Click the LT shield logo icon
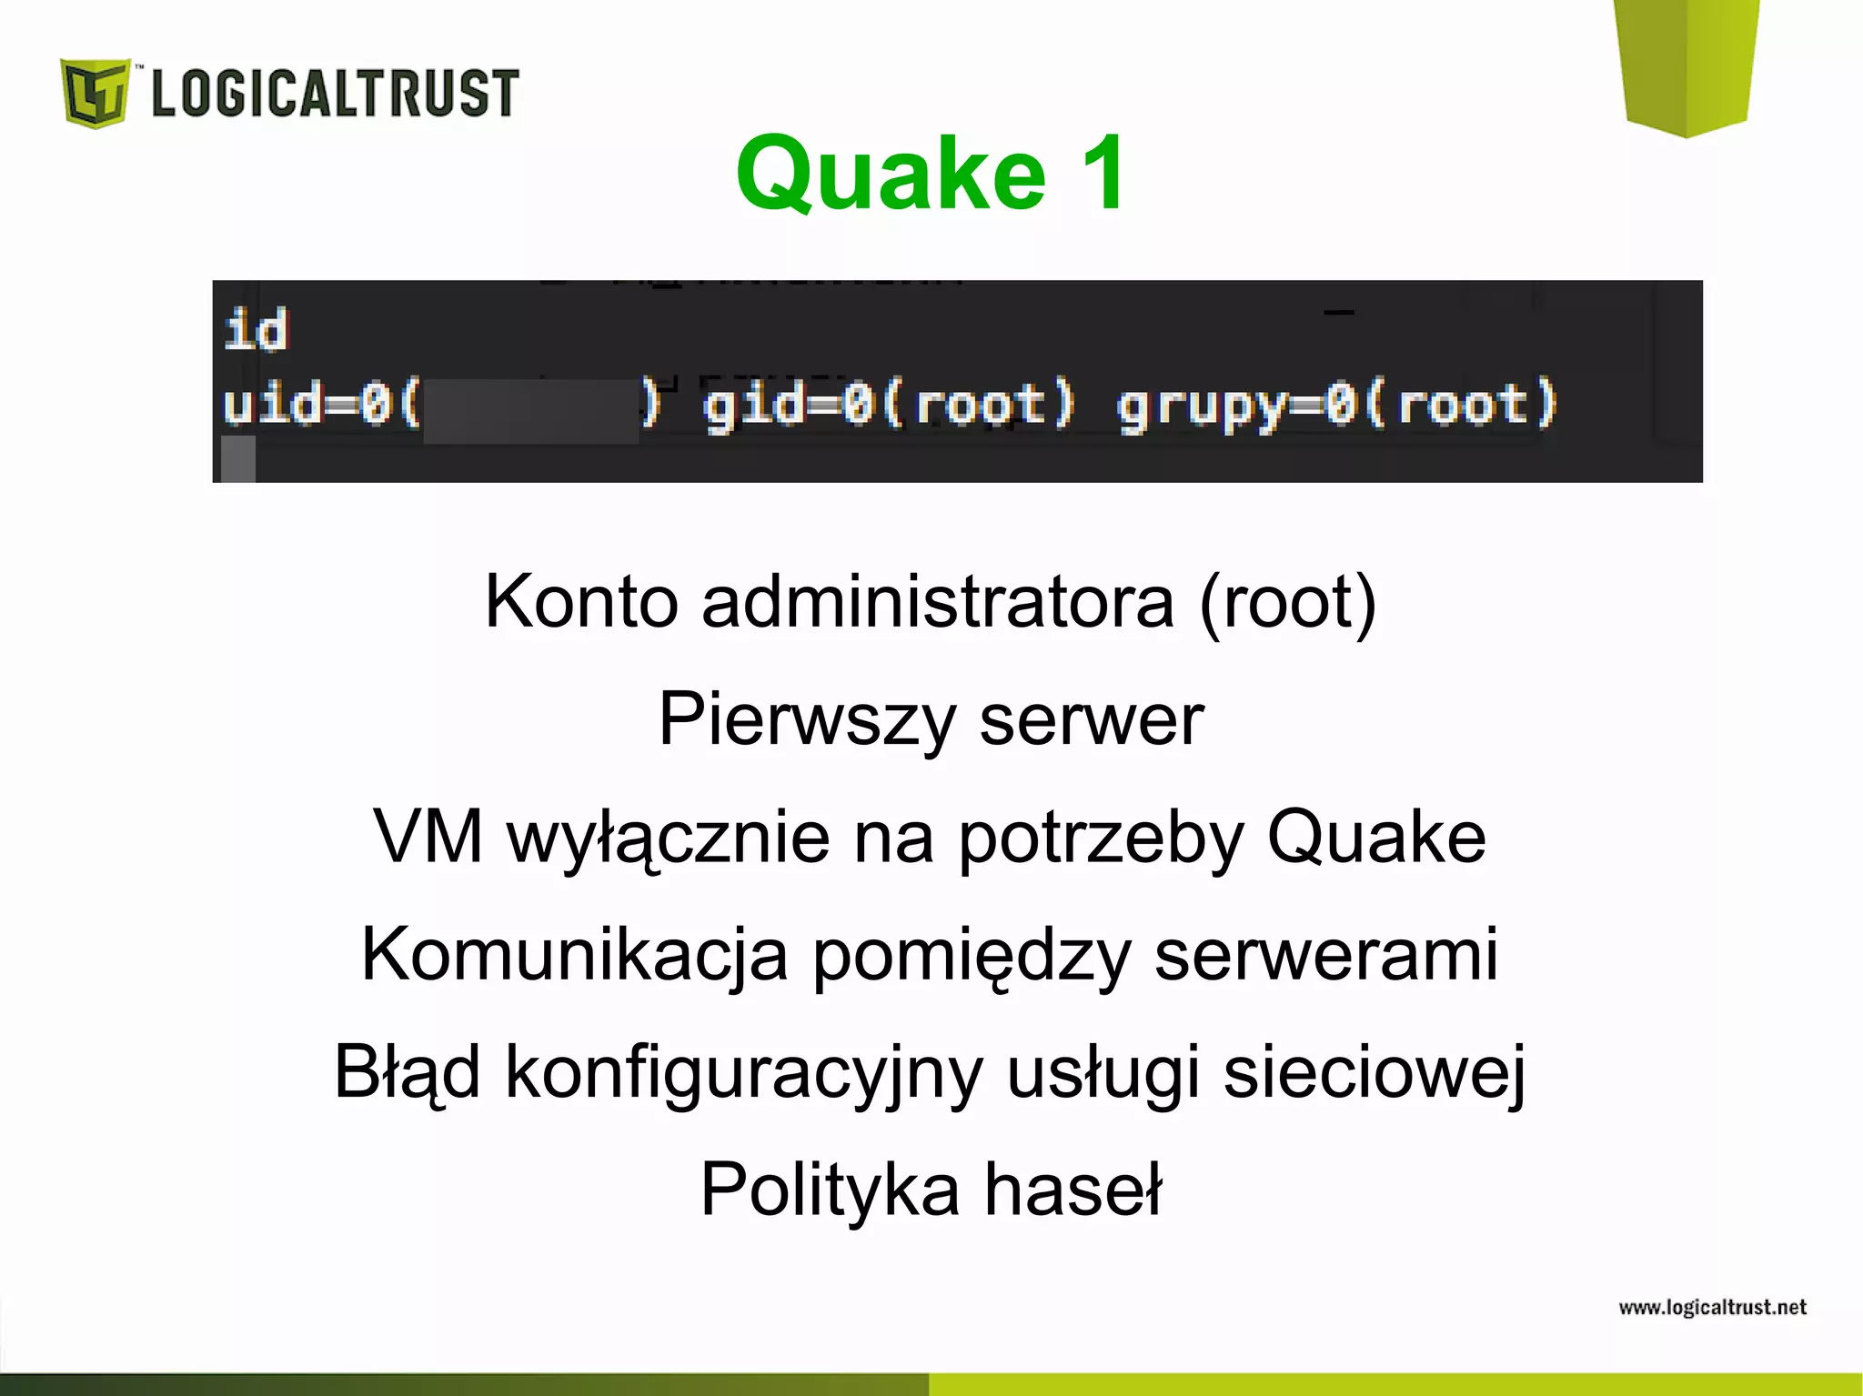(x=95, y=93)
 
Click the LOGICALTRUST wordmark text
(x=335, y=93)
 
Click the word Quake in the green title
(x=891, y=173)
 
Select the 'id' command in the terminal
(x=256, y=329)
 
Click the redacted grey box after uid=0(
(x=531, y=411)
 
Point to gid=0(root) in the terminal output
(x=889, y=405)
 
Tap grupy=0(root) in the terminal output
(x=1337, y=405)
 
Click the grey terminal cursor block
(x=238, y=459)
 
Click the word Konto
(x=581, y=601)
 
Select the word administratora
(x=938, y=601)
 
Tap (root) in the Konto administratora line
(x=1287, y=601)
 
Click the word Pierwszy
(x=807, y=719)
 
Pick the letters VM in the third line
(x=428, y=837)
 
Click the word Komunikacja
(x=575, y=954)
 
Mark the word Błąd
(x=407, y=1072)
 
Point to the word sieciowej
(x=1374, y=1072)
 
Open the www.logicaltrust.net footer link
(x=1712, y=1308)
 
